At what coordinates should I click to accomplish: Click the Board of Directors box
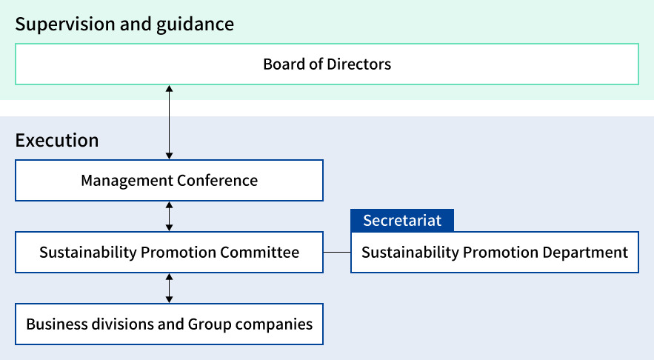tap(327, 64)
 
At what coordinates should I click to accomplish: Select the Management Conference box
tap(169, 180)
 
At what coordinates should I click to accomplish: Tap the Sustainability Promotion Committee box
tap(169, 252)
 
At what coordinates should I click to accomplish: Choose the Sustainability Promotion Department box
tap(494, 252)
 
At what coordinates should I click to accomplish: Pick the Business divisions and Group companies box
tap(169, 324)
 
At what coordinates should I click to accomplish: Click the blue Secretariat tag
tap(402, 221)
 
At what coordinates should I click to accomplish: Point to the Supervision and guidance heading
tap(124, 24)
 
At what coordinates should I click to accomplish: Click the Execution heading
tap(57, 140)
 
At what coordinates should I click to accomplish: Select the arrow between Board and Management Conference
tap(170, 122)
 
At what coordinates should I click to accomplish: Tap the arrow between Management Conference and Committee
tap(170, 216)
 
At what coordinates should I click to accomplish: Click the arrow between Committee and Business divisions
tap(170, 287)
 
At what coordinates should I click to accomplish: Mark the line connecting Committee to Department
tap(337, 252)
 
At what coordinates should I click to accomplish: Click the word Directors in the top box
tap(359, 64)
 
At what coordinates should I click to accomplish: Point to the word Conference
tap(217, 180)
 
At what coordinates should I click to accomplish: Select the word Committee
tap(259, 252)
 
